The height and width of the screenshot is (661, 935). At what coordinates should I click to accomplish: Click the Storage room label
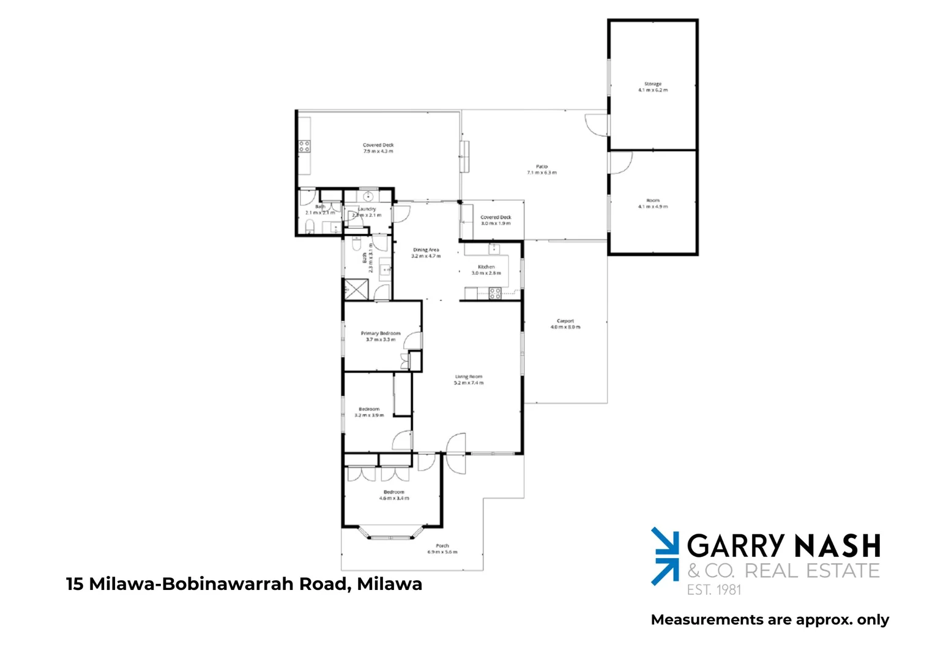click(x=653, y=87)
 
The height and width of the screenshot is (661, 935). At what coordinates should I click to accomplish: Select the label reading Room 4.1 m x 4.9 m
click(x=653, y=204)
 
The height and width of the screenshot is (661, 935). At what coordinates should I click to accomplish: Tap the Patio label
click(x=542, y=170)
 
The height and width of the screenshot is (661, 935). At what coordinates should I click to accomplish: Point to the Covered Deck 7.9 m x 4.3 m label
click(x=378, y=148)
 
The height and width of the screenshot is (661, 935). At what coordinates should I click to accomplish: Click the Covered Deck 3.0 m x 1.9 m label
click(x=496, y=220)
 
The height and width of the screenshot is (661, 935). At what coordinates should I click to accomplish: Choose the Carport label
click(x=565, y=324)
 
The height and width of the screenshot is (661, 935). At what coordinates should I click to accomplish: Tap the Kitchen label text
click(x=486, y=270)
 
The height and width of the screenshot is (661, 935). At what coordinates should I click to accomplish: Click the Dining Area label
click(x=426, y=253)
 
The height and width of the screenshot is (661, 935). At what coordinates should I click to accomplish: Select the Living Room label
click(x=469, y=379)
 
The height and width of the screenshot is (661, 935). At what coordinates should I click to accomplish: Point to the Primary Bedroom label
click(x=381, y=336)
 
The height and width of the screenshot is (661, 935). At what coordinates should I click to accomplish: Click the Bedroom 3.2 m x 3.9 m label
click(x=369, y=412)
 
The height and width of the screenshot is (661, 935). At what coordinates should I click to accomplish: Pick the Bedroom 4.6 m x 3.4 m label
click(x=394, y=495)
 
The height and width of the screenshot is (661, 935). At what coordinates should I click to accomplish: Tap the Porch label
click(x=442, y=548)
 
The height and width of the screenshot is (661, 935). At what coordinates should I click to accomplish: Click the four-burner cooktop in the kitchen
click(x=495, y=293)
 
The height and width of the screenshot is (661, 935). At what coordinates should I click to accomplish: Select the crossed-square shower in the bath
click(x=356, y=289)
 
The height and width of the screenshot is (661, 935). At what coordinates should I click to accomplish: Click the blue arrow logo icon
click(x=665, y=556)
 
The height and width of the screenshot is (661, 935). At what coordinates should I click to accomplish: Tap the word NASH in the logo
click(x=837, y=546)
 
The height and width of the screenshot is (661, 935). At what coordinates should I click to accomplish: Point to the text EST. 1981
click(x=713, y=590)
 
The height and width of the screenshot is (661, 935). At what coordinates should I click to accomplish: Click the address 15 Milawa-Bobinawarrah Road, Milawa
click(x=244, y=584)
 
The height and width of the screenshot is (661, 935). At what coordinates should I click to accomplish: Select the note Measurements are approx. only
click(x=770, y=620)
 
